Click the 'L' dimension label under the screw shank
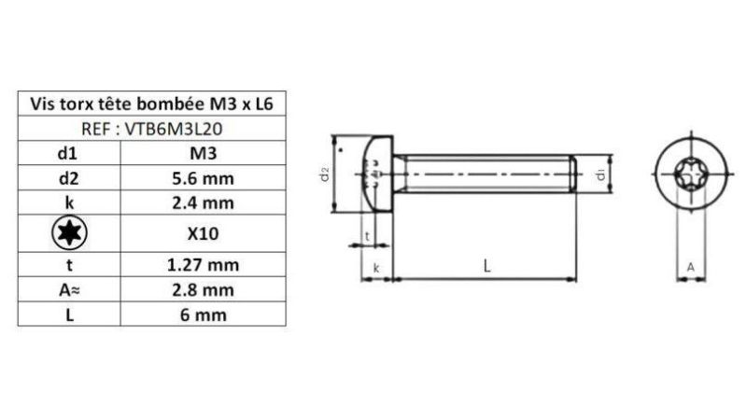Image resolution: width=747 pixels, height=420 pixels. [486, 265]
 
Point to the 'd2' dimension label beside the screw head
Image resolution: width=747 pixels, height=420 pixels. [324, 175]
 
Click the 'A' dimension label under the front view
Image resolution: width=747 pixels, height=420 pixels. [690, 267]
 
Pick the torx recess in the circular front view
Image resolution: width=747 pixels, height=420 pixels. [690, 175]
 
